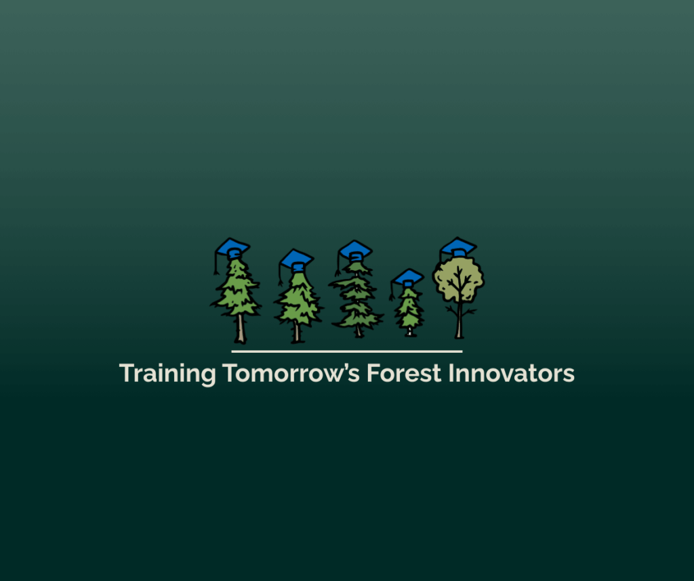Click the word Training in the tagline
click(x=167, y=374)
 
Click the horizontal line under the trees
click(x=347, y=351)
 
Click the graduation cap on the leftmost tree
click(x=233, y=248)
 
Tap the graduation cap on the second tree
click(x=297, y=260)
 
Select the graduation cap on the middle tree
click(x=355, y=251)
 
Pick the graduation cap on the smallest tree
click(x=407, y=278)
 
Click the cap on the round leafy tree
click(x=459, y=247)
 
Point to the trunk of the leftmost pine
click(x=241, y=328)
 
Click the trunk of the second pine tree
click(x=297, y=332)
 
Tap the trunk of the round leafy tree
click(x=460, y=320)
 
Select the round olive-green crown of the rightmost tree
click(x=459, y=280)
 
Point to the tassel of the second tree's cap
click(x=280, y=274)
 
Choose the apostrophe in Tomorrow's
click(x=342, y=366)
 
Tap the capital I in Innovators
click(x=451, y=372)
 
